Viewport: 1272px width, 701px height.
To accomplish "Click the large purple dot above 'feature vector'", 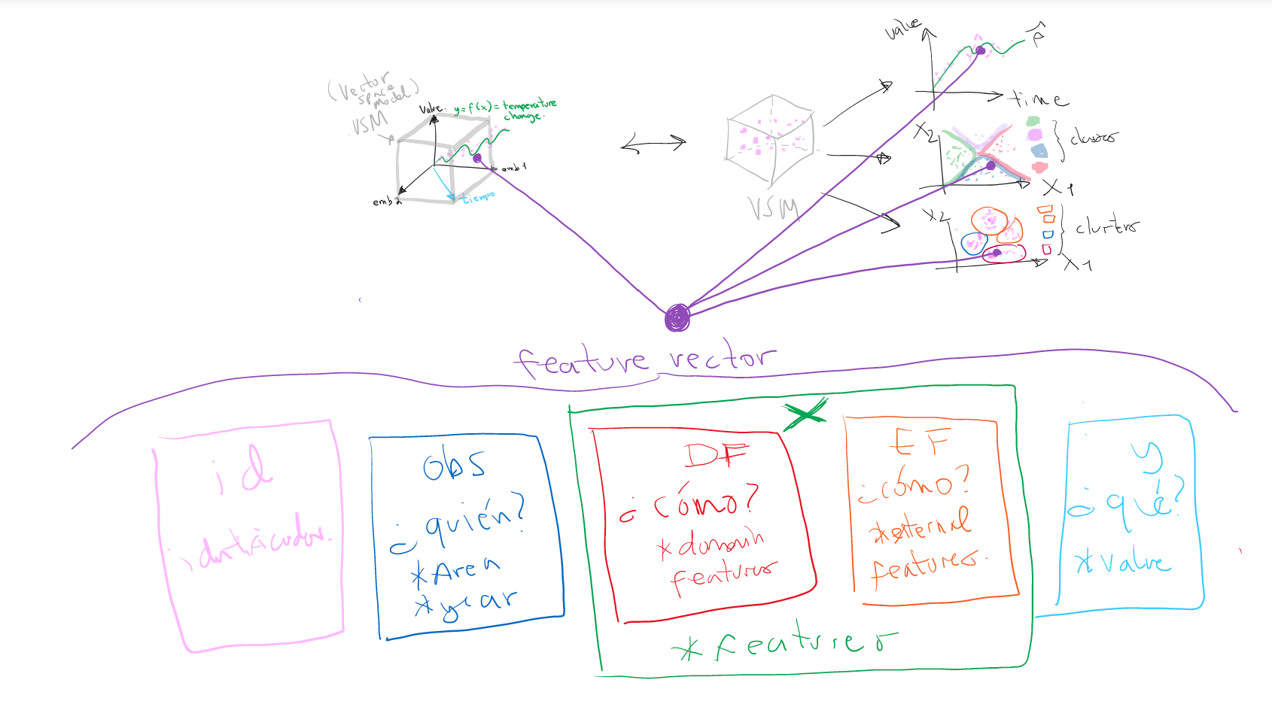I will [x=677, y=318].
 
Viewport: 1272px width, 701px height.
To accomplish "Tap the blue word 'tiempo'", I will [x=479, y=197].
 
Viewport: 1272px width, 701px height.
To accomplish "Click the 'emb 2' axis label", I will [x=386, y=202].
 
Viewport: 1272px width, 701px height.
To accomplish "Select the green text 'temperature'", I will [x=530, y=105].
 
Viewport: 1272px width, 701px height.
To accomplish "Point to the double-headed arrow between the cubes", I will [x=653, y=144].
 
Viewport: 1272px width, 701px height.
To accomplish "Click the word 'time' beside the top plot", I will [x=1038, y=99].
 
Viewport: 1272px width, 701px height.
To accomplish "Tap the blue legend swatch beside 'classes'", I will [x=1039, y=151].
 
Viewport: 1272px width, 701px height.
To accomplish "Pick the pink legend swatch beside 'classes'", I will [x=1040, y=168].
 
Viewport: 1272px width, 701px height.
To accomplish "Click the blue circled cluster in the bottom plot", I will [x=974, y=243].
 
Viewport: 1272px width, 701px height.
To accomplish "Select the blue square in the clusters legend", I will [x=1048, y=234].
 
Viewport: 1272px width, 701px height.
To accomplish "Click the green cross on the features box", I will [x=805, y=413].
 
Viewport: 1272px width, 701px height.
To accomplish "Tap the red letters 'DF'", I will [x=716, y=454].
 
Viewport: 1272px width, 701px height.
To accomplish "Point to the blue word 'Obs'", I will [x=453, y=466].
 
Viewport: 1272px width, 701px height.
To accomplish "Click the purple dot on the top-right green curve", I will [x=980, y=50].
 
